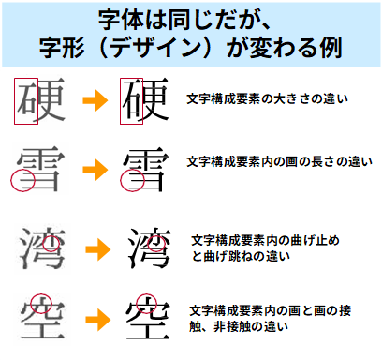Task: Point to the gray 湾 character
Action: pyautogui.click(x=40, y=247)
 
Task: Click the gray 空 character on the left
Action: pyautogui.click(x=40, y=316)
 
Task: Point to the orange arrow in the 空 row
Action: pyautogui.click(x=94, y=317)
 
